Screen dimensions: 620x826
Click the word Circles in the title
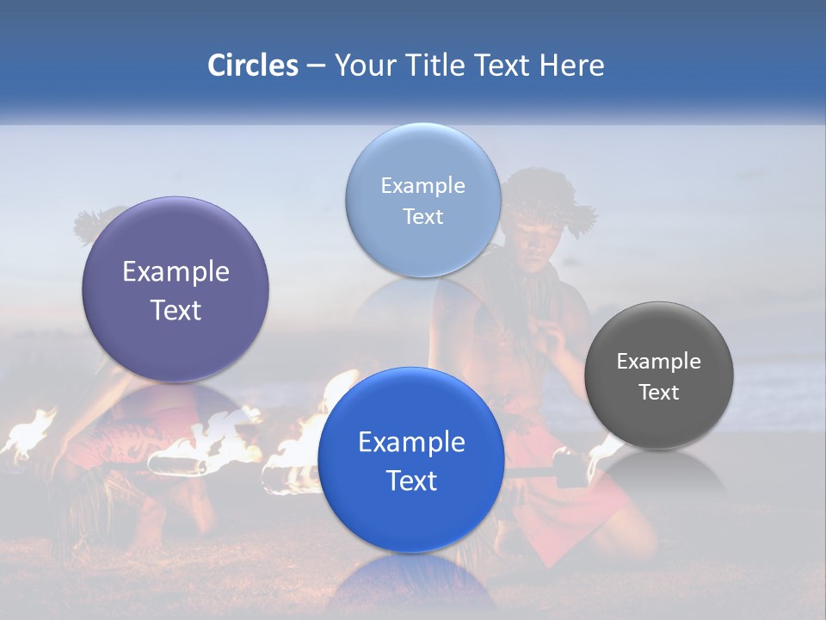253,65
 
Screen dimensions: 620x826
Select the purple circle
176,290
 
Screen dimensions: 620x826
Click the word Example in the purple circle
176,272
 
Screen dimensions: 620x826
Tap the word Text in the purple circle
176,310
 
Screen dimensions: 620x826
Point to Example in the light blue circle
422,185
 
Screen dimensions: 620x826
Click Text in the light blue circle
422,216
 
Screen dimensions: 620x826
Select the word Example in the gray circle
659,361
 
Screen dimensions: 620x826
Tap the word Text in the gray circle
659,393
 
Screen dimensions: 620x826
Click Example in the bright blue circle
411,443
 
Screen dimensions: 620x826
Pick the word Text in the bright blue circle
411,480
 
